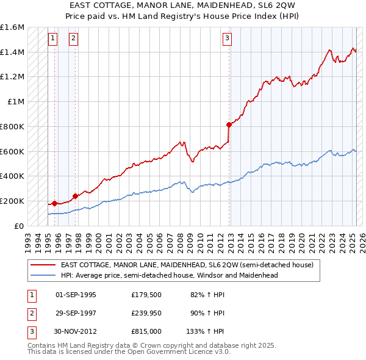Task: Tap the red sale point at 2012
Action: [229, 124]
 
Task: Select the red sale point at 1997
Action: [75, 196]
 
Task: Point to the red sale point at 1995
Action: [54, 203]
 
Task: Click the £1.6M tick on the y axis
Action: [12, 27]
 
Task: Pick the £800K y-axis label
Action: [12, 126]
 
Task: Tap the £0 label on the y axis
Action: [18, 226]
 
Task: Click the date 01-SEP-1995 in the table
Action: [76, 295]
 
